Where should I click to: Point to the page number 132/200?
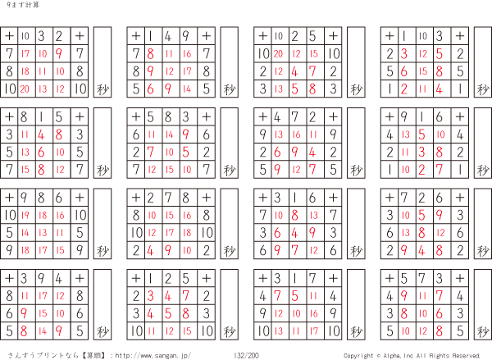point(245,355)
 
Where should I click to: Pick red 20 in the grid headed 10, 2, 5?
point(277,53)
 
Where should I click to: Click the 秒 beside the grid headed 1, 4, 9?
point(229,89)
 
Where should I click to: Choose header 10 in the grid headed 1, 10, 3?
point(423,35)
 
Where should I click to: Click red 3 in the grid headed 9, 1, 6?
point(423,151)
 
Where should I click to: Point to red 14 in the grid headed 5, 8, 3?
point(170,133)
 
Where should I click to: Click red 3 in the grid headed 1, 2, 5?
point(152,294)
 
